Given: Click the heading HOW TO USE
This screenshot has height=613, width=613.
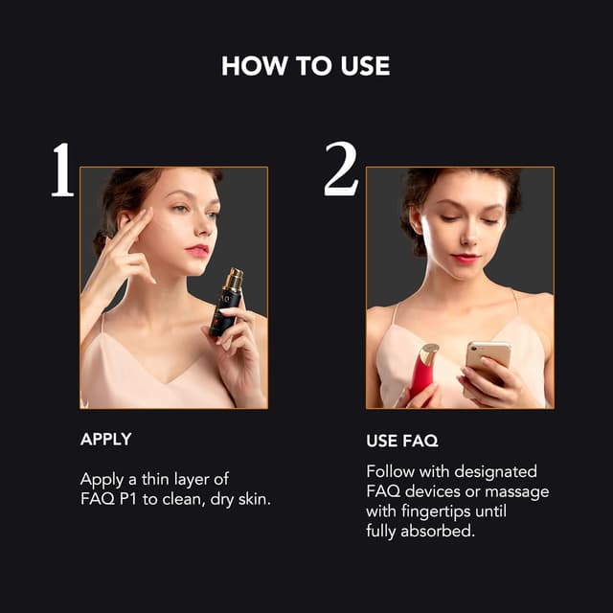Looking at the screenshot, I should click(306, 66).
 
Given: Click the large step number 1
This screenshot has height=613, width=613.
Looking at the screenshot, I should click(62, 170).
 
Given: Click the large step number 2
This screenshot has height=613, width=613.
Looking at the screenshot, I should click(342, 170).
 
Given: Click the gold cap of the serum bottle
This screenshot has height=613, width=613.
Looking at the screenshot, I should click(234, 280).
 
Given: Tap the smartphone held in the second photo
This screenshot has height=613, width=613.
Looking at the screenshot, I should click(488, 365).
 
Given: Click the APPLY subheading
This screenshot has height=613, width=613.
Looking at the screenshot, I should click(105, 440).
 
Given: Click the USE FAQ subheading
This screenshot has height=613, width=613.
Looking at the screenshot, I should click(402, 442).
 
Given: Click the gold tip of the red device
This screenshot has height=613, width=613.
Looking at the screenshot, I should click(429, 353).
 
